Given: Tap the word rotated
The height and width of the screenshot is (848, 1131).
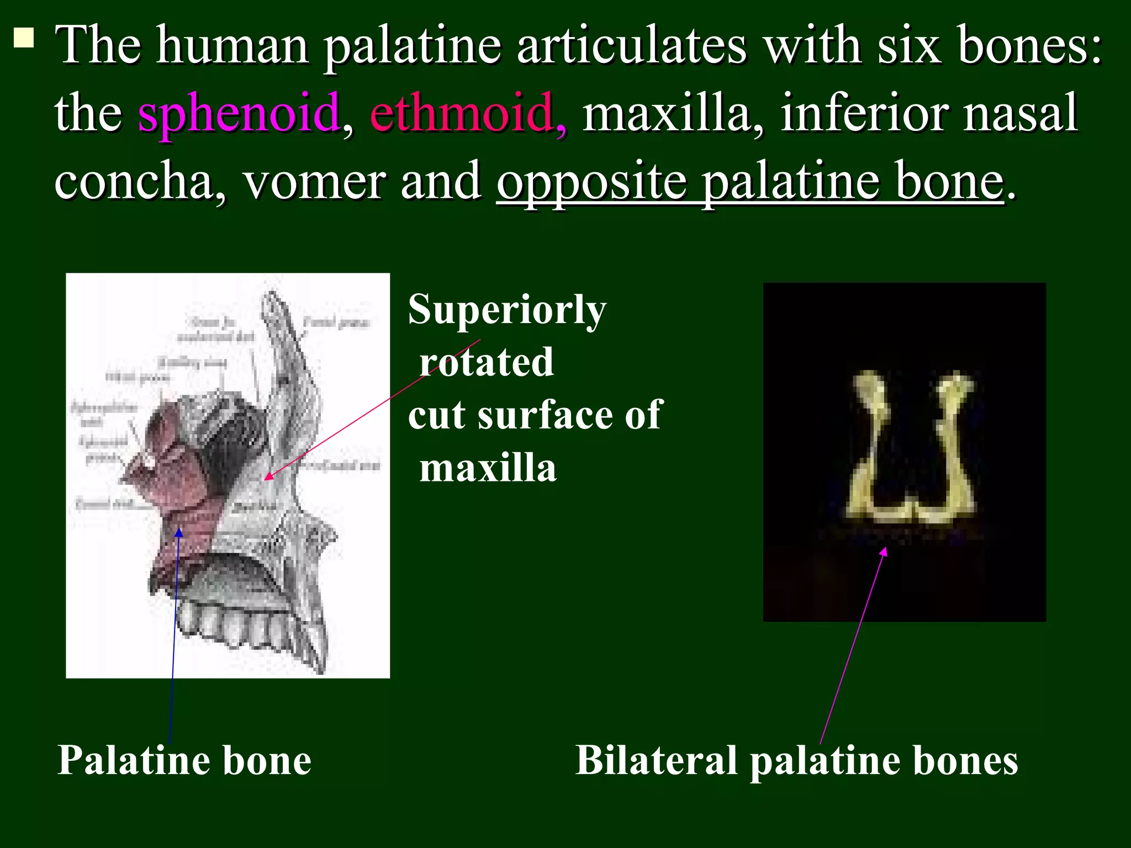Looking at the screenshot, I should pos(486,363).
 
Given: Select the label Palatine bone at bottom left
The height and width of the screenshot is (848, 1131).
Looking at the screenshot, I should pos(184,761).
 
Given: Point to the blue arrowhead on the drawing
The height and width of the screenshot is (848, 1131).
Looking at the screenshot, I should pos(179,532).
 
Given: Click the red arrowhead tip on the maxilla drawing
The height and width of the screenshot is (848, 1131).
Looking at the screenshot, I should pos(267,477).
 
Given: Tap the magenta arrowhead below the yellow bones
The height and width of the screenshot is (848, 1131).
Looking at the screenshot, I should pos(884,551).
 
